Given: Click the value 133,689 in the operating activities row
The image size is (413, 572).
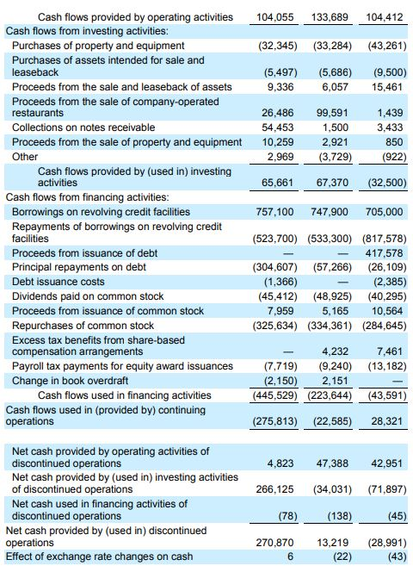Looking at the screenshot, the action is [x=330, y=17].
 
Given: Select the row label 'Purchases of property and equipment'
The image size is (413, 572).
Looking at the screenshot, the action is [x=98, y=46].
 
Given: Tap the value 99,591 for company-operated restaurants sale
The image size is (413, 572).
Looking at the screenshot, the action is [x=332, y=113].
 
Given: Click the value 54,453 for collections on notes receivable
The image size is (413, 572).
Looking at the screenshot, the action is [x=277, y=127].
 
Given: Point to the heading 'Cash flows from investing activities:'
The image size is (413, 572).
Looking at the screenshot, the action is [x=87, y=31].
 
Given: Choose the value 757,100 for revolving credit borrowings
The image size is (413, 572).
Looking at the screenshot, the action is [x=274, y=212].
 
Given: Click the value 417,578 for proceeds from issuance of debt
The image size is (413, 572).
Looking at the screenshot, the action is [x=385, y=252].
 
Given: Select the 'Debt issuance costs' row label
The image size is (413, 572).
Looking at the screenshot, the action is [x=58, y=282].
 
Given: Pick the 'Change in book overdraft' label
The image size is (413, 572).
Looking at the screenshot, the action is [x=70, y=381].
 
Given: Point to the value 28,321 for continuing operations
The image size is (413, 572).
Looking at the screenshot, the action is [x=386, y=421].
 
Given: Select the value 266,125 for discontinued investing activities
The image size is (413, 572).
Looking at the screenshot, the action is [x=274, y=488].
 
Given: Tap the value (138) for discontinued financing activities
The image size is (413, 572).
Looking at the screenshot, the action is [x=339, y=516].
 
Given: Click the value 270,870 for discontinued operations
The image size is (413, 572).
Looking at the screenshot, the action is [x=274, y=543].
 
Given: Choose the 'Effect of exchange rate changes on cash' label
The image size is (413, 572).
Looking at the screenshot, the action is [x=99, y=556].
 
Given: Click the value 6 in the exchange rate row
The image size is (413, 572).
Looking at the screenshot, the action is [x=290, y=556].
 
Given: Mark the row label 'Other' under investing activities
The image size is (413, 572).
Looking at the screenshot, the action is [x=25, y=157].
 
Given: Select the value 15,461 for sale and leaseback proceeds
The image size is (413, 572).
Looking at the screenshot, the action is [x=387, y=87].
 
